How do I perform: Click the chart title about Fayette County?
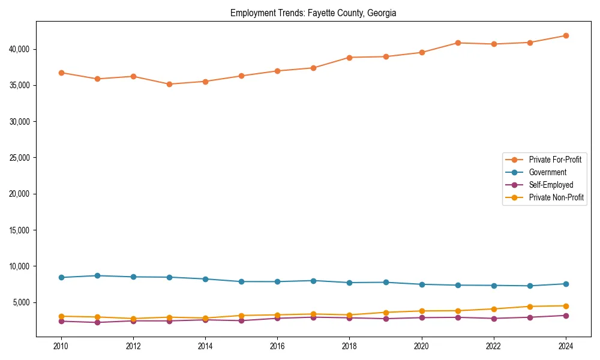click(313, 13)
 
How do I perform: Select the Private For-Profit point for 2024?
click(566, 35)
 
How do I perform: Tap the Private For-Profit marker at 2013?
click(169, 84)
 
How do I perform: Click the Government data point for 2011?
click(97, 275)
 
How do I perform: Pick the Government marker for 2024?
click(566, 284)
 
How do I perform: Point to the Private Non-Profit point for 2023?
click(530, 307)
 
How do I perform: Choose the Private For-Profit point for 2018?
click(350, 58)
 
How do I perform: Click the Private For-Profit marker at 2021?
click(458, 43)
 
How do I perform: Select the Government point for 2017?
click(313, 281)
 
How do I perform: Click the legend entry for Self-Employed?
click(551, 185)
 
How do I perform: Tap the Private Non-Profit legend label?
click(556, 197)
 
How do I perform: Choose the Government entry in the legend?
click(547, 172)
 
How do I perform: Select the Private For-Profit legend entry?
click(555, 160)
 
